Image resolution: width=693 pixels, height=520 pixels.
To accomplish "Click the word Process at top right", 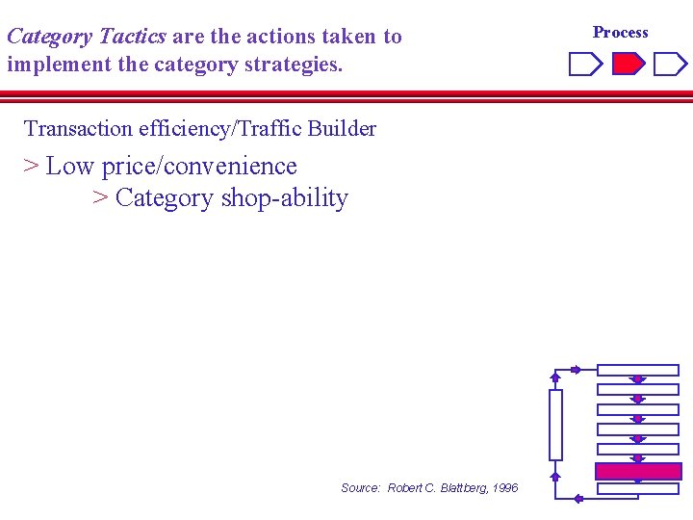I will click(x=621, y=33).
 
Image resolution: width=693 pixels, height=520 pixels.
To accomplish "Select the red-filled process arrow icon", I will click(x=629, y=65).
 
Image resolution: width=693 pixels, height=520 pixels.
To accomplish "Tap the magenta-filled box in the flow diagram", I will click(x=638, y=472).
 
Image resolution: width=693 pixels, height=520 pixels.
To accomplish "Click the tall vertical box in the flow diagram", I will click(x=555, y=425).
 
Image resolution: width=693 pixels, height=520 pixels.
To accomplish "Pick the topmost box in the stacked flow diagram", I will click(x=638, y=370).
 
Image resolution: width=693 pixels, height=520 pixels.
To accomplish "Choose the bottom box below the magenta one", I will click(x=638, y=489).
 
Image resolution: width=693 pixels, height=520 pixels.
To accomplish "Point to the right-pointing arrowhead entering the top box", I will click(x=576, y=370).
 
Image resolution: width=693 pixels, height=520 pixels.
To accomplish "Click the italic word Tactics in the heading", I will click(x=133, y=38).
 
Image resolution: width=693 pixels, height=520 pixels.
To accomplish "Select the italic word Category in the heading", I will click(x=49, y=38).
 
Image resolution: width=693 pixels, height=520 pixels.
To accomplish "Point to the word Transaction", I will click(x=78, y=129).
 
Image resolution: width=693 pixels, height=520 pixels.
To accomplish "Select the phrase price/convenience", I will click(x=199, y=167).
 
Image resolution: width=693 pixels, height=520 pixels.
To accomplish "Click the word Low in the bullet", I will click(x=70, y=167).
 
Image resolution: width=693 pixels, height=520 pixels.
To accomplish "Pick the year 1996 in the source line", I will click(x=504, y=488).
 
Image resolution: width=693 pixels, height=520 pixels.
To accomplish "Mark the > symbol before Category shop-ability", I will click(x=99, y=198).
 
